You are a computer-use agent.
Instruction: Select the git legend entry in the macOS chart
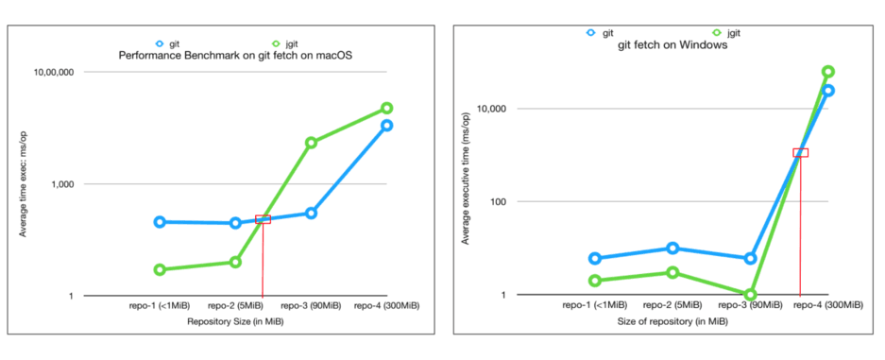click(x=168, y=43)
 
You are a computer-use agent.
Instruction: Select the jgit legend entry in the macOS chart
click(x=283, y=43)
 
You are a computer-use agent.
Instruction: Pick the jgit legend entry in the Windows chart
click(x=724, y=31)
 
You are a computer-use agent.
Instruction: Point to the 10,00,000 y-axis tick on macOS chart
click(x=54, y=72)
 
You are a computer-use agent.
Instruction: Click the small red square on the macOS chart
click(x=263, y=219)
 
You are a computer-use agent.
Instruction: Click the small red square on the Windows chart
click(x=800, y=152)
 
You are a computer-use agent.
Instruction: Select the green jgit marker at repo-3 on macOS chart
click(x=311, y=143)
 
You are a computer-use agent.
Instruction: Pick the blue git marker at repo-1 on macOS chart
click(x=160, y=222)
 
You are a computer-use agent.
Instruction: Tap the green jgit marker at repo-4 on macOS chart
click(x=386, y=109)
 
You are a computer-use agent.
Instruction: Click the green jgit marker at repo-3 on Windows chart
click(x=751, y=295)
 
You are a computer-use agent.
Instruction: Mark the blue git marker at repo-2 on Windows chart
click(x=672, y=249)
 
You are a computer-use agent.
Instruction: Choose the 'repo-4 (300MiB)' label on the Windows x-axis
click(x=827, y=305)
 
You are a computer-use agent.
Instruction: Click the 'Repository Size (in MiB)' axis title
click(x=235, y=321)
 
